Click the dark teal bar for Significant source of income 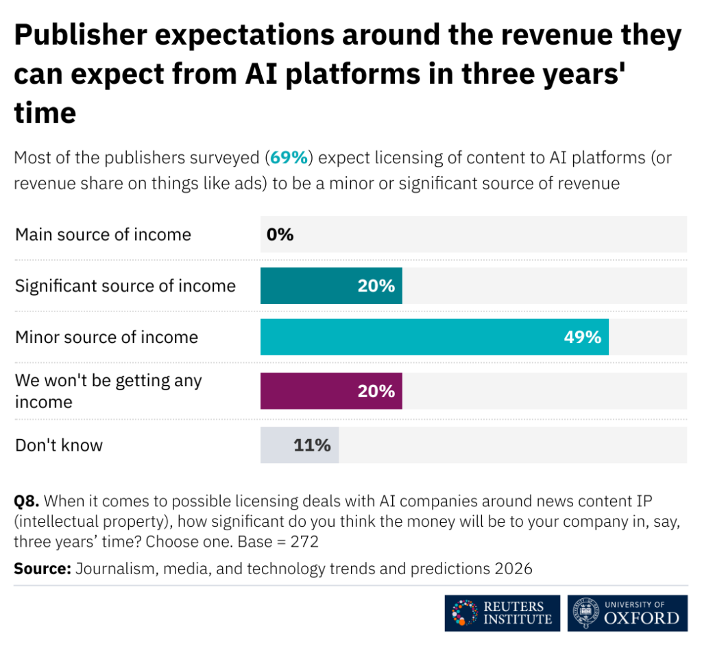[x=330, y=286]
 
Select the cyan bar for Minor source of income [x=434, y=337]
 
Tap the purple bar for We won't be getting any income [x=330, y=391]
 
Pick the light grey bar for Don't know [x=299, y=445]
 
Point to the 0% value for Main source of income [x=280, y=235]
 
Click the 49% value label [x=582, y=337]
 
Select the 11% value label [x=312, y=445]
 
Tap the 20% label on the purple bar [x=376, y=391]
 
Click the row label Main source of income [x=103, y=235]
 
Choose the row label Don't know [x=59, y=445]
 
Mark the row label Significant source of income [x=125, y=286]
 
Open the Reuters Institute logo [x=502, y=613]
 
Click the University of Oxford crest [x=585, y=613]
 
